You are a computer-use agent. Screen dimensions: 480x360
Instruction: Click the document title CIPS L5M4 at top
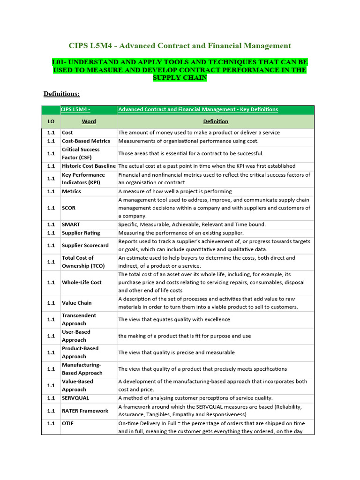point(180,45)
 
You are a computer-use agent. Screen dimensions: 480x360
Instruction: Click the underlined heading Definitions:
point(61,94)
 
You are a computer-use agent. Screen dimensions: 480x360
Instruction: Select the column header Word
point(89,121)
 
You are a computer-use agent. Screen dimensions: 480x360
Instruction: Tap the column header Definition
point(216,121)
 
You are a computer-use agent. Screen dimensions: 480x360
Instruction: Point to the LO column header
point(51,121)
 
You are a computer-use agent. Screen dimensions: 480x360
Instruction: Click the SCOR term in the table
point(68,208)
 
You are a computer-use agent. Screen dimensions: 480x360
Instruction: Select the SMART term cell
point(71,225)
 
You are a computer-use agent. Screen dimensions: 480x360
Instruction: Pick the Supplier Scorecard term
point(85,245)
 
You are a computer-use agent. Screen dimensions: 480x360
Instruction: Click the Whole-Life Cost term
point(82,282)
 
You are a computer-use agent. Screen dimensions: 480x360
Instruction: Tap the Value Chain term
point(77,303)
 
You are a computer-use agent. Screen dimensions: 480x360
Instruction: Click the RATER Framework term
point(85,411)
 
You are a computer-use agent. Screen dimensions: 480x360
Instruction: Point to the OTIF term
point(67,423)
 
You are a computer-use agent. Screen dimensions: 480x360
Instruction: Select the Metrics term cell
point(71,191)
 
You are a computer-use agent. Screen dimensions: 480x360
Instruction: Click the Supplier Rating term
point(81,233)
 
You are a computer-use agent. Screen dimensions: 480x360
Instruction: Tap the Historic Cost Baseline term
point(89,166)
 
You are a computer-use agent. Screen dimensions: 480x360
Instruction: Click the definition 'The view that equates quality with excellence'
point(174,320)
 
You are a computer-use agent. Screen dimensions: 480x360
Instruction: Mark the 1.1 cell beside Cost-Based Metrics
point(51,141)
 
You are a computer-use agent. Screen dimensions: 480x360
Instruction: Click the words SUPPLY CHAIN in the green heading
point(180,78)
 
